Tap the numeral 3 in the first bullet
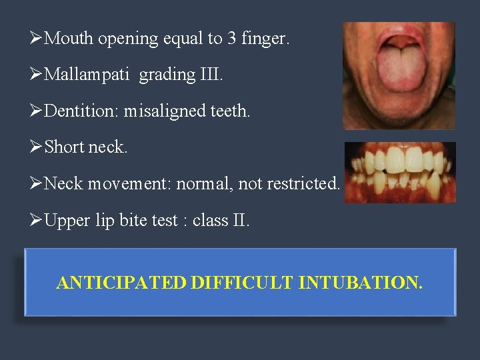pos(231,39)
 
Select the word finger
pos(267,39)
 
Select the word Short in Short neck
pos(64,147)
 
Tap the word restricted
pos(303,183)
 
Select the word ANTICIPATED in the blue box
pos(121,283)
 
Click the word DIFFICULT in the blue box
pos(241,283)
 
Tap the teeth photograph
pos(400,172)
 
